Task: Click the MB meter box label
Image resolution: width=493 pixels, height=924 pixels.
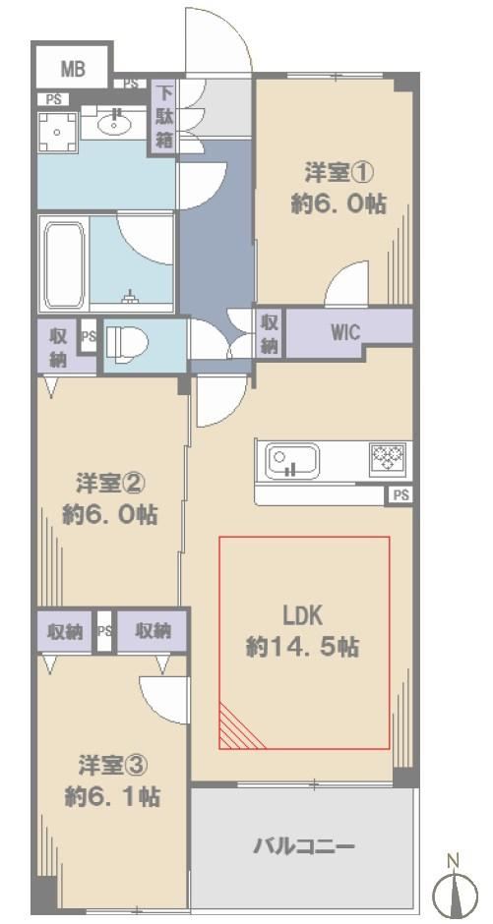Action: coord(73,70)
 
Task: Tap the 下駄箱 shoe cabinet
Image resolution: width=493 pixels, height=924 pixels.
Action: coord(165,117)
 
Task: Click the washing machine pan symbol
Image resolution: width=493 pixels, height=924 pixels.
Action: coord(58,133)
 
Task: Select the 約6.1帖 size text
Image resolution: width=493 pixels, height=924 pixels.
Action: coord(111,797)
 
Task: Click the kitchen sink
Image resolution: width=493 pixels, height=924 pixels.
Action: coord(292,461)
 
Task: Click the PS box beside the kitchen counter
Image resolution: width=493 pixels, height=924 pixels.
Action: coord(400,495)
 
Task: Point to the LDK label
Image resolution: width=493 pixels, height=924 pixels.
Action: coord(302,617)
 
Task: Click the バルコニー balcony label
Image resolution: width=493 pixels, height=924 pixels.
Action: coord(304,847)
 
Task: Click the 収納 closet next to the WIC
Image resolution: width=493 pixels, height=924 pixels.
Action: coord(269,333)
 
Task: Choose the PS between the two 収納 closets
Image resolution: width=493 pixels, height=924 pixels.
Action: coord(104,631)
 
